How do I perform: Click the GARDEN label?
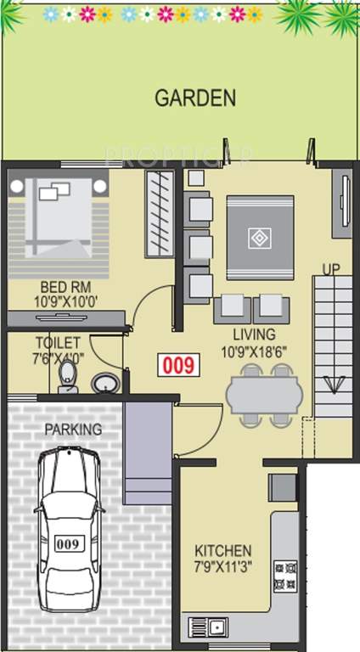194,98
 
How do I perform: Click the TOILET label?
58,343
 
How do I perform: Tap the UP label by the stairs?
331,269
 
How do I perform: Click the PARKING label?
73,430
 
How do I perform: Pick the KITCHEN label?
222,550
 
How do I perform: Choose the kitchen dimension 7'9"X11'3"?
222,565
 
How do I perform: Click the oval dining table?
264,395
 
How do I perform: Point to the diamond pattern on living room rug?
259,237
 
